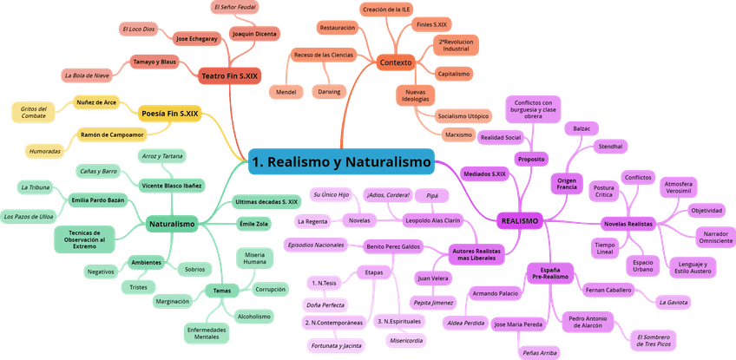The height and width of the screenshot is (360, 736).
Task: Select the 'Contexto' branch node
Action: pos(396,62)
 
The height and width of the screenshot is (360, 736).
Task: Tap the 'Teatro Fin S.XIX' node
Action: pos(229,76)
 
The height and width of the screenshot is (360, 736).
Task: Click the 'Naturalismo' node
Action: pos(171,224)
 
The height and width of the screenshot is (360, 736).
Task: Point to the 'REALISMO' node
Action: pos(519,221)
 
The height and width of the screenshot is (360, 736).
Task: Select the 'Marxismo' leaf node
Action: pos(457,135)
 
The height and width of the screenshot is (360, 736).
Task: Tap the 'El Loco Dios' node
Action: pos(140,29)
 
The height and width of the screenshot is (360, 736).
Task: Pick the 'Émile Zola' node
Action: pos(253,224)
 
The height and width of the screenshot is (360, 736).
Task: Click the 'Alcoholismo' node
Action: pos(254,316)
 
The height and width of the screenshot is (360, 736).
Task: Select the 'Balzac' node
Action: pos(582,128)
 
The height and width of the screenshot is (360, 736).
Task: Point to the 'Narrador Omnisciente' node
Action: pos(714,237)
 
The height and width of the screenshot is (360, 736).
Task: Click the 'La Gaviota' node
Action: pos(674,302)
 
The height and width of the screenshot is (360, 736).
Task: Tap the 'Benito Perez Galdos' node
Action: pos(392,246)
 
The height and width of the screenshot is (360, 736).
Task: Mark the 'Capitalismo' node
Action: pos(453,74)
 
